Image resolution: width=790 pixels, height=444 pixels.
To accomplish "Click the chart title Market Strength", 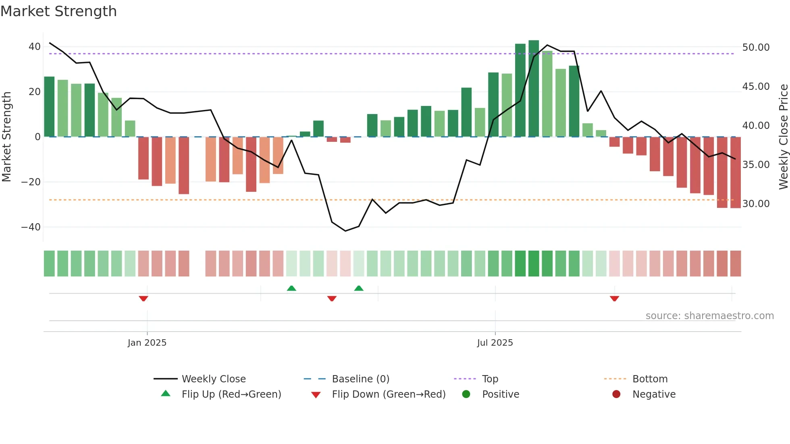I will [58, 11].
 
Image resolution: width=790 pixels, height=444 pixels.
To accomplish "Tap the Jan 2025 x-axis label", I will [147, 342].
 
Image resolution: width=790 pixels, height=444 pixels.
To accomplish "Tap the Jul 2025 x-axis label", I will [495, 342].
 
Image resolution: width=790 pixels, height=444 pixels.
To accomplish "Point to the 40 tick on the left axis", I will [34, 47].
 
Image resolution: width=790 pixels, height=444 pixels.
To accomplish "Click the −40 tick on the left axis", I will [31, 227].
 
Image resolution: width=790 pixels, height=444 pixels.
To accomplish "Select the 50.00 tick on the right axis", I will [756, 48].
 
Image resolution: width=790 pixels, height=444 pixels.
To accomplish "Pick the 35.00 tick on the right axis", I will [756, 164].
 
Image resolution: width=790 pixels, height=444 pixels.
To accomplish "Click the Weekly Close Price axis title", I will [783, 137].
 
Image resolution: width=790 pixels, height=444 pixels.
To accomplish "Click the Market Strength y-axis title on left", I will [6, 137].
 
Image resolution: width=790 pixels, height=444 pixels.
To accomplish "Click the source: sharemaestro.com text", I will [709, 315].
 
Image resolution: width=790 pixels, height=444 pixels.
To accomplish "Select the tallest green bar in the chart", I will [534, 89].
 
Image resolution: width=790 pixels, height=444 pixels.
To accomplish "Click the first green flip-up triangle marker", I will [291, 288].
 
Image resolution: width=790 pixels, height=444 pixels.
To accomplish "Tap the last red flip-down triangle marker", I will [614, 299].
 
